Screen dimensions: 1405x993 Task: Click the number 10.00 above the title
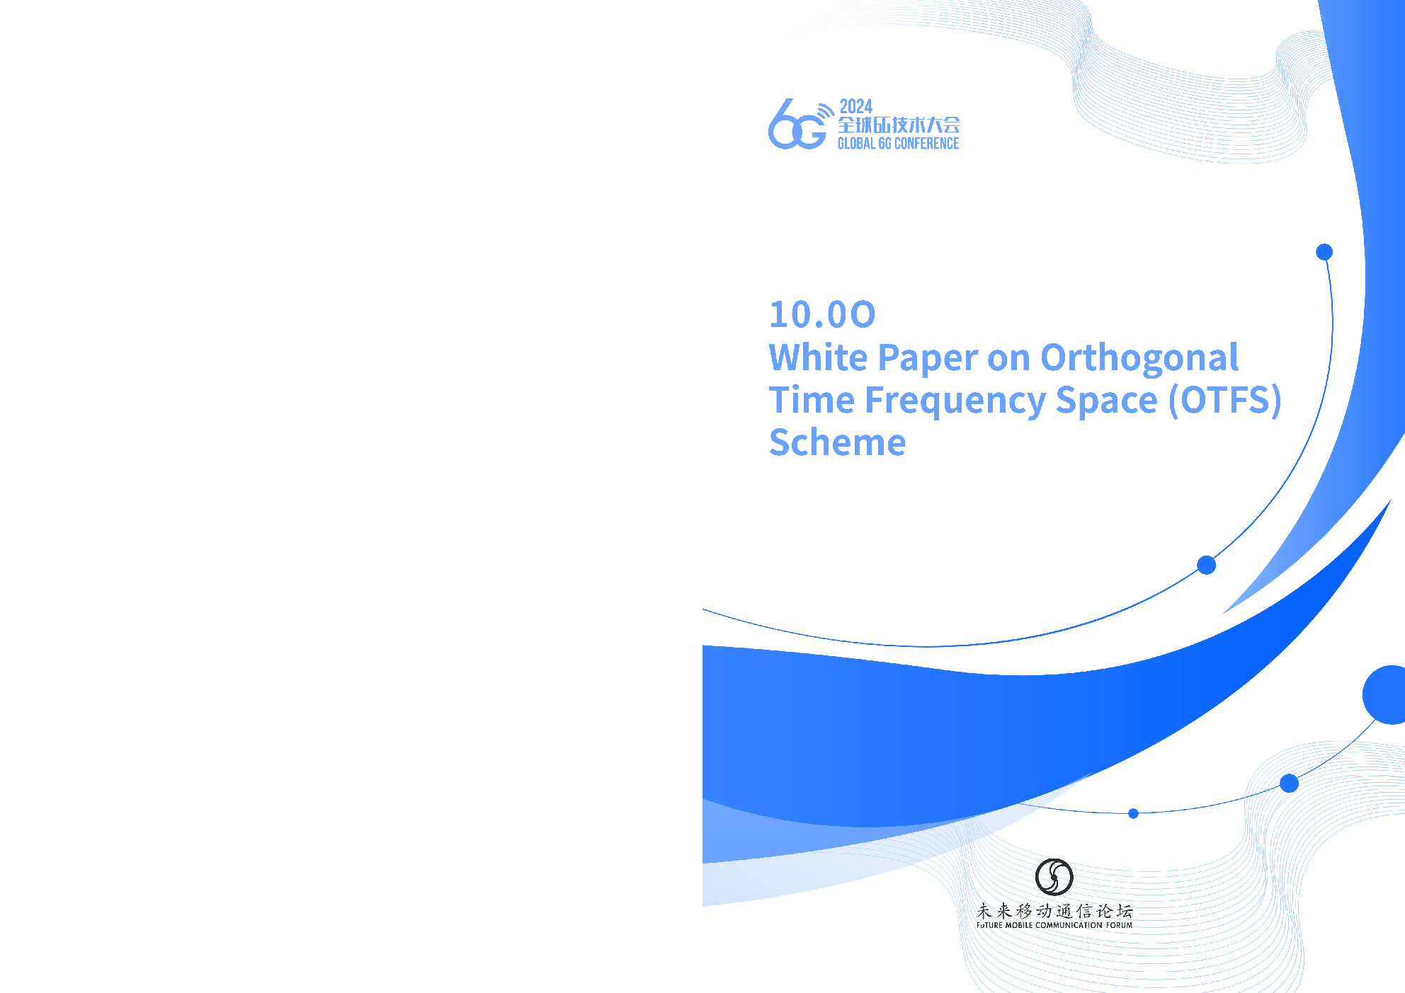coord(822,314)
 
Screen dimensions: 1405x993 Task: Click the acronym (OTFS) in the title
coord(1224,401)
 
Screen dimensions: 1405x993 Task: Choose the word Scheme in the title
coord(838,442)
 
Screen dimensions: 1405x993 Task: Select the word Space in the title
coord(1107,401)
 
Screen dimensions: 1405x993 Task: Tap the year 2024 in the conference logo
coord(855,107)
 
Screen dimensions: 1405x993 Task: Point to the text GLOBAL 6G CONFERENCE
coord(898,144)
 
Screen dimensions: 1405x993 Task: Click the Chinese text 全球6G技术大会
coord(899,125)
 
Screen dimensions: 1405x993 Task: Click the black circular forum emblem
coord(1054,877)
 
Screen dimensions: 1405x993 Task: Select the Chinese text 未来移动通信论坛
coord(1054,911)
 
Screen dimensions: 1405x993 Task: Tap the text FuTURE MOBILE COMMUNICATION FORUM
coord(1054,925)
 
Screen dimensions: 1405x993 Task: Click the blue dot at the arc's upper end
coord(1324,252)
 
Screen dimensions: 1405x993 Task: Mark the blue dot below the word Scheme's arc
coord(1207,565)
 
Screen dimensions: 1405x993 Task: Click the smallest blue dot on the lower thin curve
coord(1133,814)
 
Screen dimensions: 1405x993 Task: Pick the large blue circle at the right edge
coord(1384,695)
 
